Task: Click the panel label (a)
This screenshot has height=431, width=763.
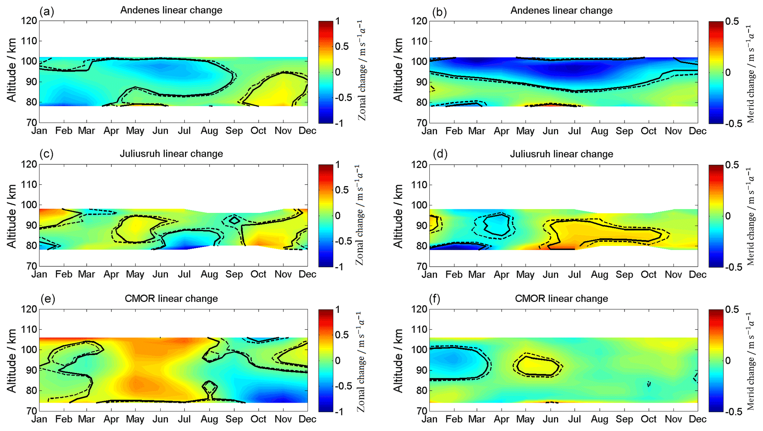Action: point(47,12)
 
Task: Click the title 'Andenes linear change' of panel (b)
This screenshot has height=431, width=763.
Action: point(561,10)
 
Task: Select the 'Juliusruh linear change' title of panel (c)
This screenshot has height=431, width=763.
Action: point(171,154)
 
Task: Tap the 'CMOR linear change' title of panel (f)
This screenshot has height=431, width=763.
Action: point(561,298)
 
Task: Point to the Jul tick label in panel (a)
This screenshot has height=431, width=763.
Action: point(184,131)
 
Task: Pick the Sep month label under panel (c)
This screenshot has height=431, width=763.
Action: point(234,274)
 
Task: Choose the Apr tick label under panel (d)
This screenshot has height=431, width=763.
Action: point(501,275)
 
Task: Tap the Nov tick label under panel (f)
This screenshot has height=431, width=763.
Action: point(673,419)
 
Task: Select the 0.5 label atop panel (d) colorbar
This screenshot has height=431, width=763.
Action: point(732,165)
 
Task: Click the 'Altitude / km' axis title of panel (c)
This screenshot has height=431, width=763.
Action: point(12,216)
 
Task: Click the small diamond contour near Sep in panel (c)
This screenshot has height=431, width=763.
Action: point(234,220)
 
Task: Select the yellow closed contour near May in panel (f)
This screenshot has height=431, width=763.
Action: point(538,366)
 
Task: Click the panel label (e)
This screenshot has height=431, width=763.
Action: point(47,299)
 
